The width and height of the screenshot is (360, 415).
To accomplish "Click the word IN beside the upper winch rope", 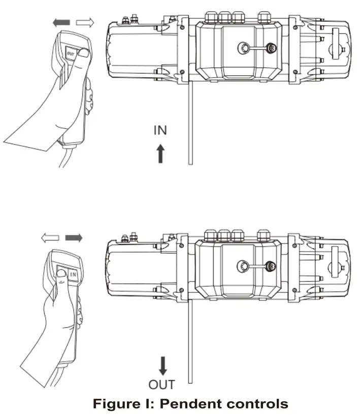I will click(160, 130).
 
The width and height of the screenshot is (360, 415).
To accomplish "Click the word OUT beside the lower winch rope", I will click(161, 384).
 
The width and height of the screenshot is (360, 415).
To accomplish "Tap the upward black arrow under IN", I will click(160, 153).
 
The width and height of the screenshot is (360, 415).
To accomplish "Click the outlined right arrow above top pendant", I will click(84, 23).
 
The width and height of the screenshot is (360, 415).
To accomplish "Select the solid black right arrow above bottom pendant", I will click(73, 237).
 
